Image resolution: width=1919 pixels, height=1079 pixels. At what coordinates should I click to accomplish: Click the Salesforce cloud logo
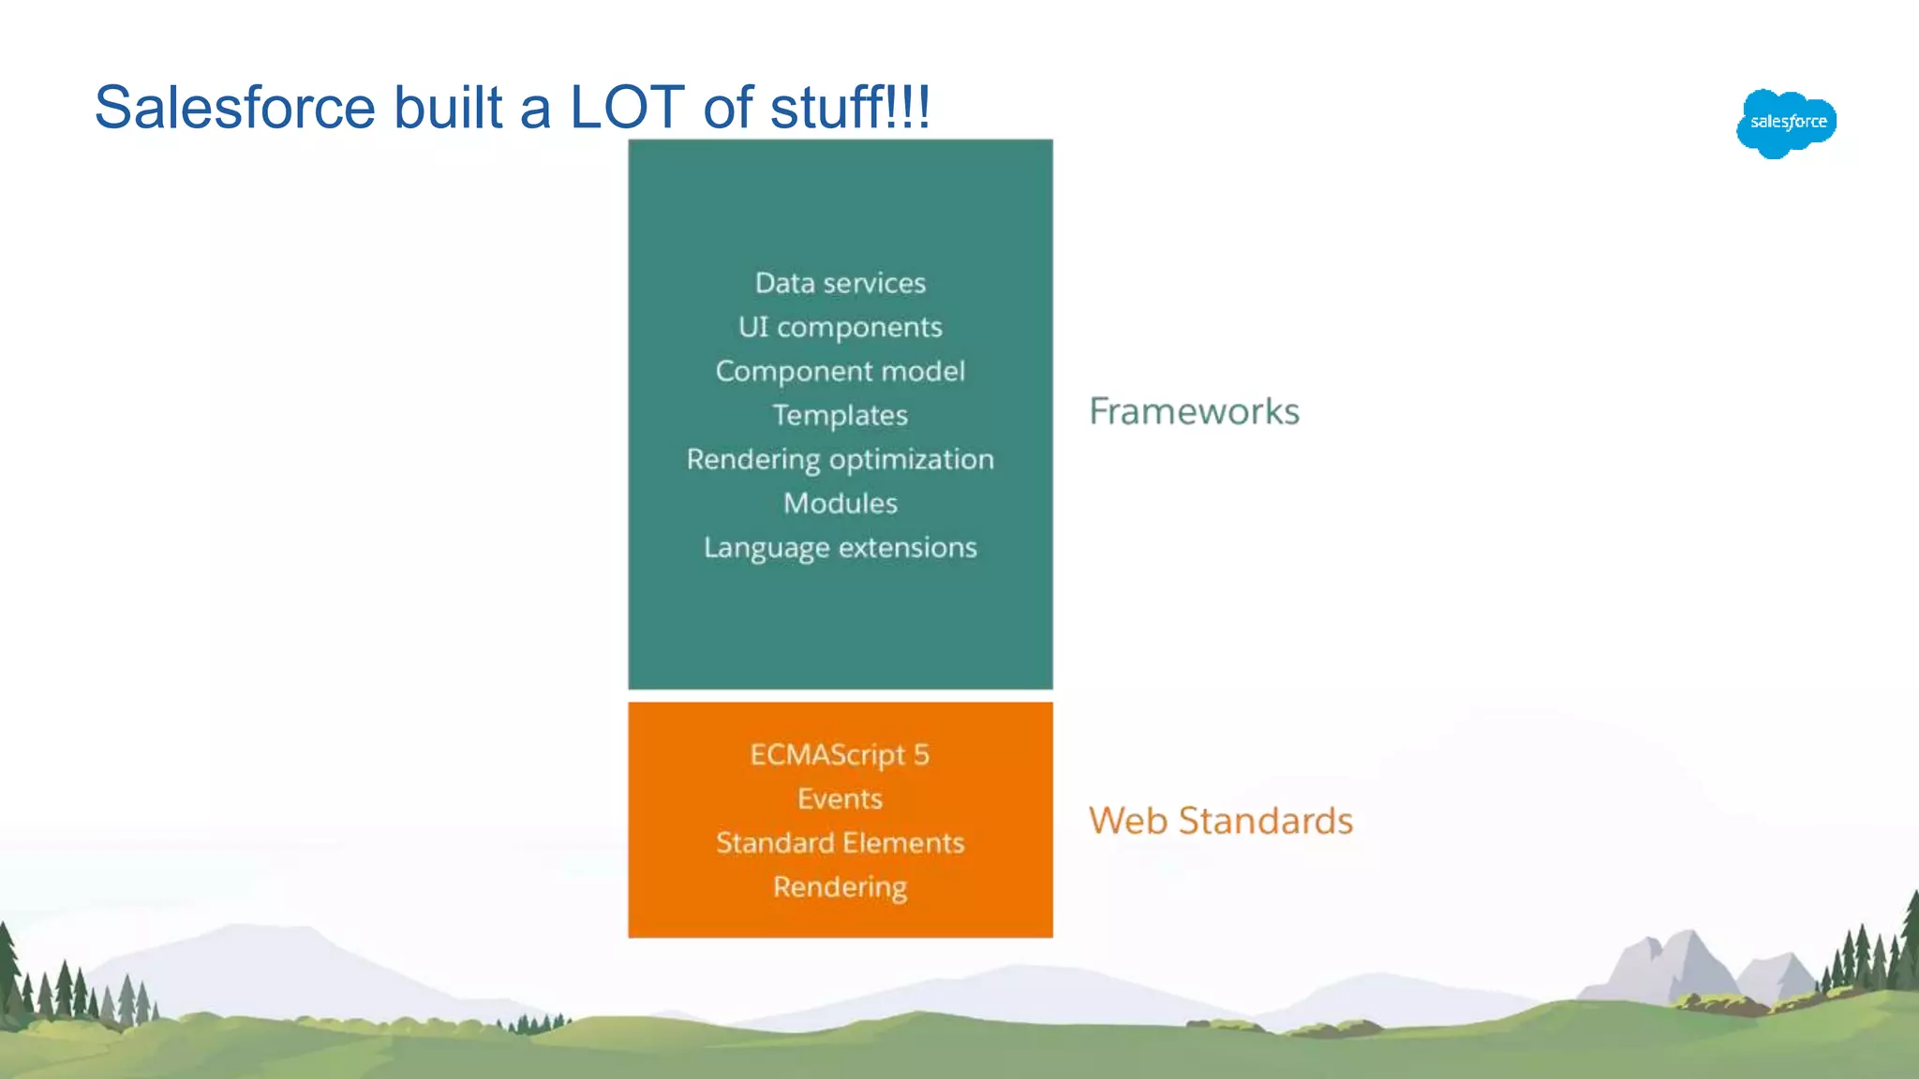pyautogui.click(x=1786, y=123)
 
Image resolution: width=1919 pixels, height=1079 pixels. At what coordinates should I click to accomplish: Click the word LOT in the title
pyautogui.click(x=627, y=107)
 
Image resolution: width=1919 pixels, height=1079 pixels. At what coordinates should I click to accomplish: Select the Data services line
pyautogui.click(x=840, y=283)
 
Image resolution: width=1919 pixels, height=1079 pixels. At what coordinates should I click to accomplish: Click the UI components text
pyautogui.click(x=840, y=327)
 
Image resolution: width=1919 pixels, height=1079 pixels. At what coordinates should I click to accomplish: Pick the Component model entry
pyautogui.click(x=840, y=371)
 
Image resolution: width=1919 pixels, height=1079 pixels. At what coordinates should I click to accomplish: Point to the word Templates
pyautogui.click(x=840, y=415)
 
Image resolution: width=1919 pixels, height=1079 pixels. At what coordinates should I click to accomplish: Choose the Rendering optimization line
pyautogui.click(x=840, y=459)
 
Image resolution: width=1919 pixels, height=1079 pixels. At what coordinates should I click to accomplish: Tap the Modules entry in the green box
pyautogui.click(x=840, y=503)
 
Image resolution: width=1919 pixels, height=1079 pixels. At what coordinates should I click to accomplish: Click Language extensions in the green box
pyautogui.click(x=840, y=547)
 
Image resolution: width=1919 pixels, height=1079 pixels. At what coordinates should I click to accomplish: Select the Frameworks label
pyautogui.click(x=1194, y=411)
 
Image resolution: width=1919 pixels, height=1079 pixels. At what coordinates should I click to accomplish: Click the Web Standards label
pyautogui.click(x=1220, y=820)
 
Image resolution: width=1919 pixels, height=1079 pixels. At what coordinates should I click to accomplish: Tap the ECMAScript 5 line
pyautogui.click(x=840, y=755)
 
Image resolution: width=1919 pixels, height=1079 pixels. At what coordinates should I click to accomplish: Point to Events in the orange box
pyautogui.click(x=840, y=799)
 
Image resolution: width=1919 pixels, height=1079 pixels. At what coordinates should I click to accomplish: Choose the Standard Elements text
pyautogui.click(x=840, y=843)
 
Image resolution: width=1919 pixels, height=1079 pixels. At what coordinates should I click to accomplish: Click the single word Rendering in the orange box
pyautogui.click(x=840, y=887)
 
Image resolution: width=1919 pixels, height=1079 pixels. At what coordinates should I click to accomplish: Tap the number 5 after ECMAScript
pyautogui.click(x=921, y=755)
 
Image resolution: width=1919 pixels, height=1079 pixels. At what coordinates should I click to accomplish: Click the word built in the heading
pyautogui.click(x=448, y=107)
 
